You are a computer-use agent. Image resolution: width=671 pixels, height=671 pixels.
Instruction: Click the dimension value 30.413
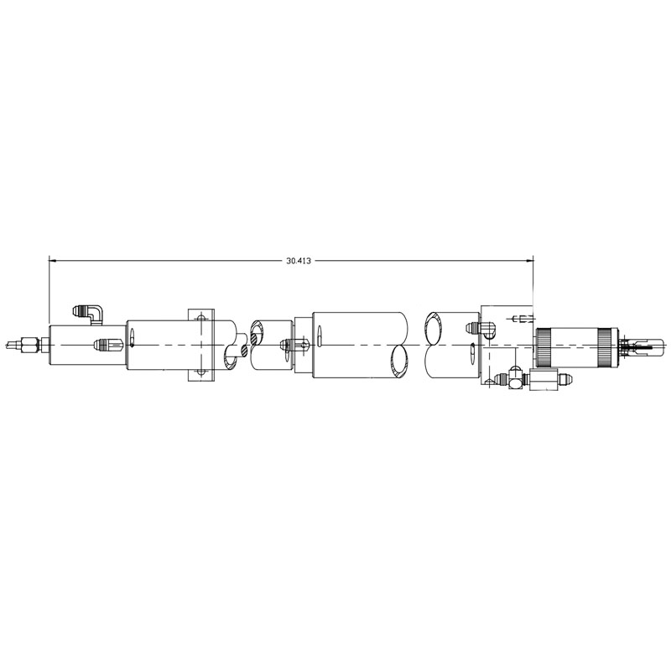click(x=299, y=260)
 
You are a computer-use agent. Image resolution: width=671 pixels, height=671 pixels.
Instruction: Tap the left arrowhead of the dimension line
click(x=53, y=260)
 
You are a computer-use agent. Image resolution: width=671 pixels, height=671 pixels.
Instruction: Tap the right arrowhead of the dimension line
click(x=530, y=260)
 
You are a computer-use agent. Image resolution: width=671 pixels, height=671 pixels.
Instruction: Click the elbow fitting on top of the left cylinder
click(x=89, y=314)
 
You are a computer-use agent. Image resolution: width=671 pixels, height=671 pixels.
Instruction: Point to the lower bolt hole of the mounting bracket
click(x=201, y=372)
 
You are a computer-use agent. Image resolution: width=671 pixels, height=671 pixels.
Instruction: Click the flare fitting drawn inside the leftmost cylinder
click(x=109, y=344)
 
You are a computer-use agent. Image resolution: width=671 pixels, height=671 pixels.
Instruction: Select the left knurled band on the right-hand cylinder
click(x=544, y=347)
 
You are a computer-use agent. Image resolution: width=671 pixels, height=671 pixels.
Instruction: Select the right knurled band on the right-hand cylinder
click(x=606, y=347)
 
